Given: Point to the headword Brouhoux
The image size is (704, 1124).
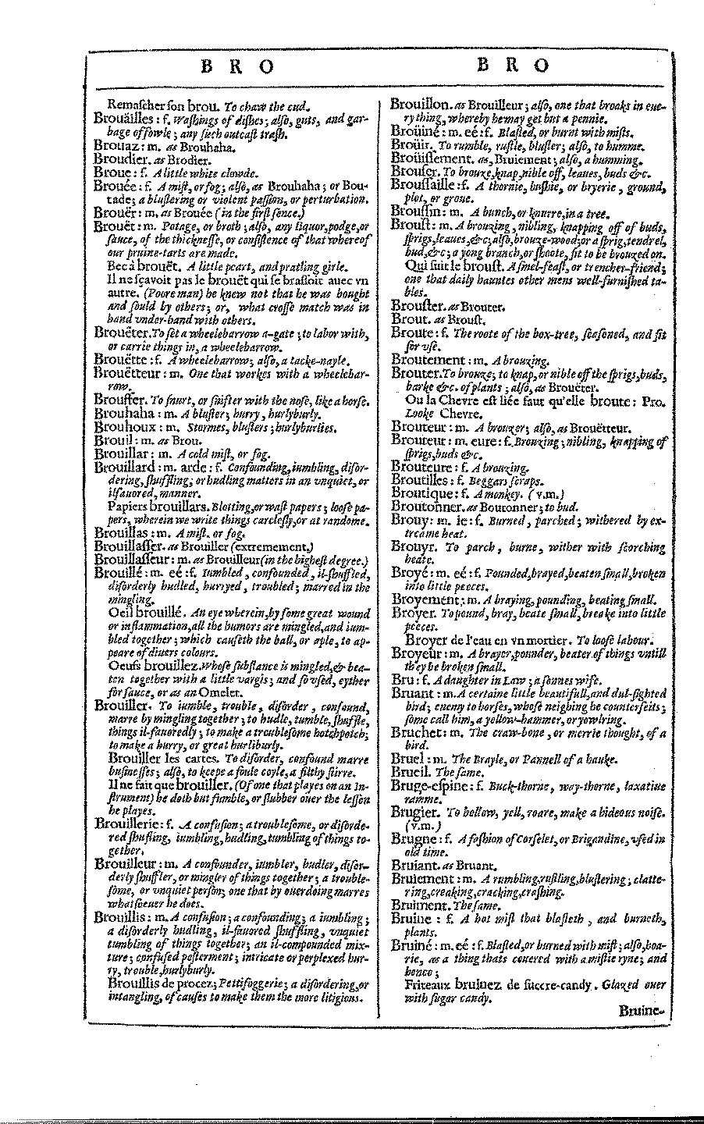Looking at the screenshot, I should tap(125, 427).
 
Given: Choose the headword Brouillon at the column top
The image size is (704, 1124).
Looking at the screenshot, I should tap(419, 105).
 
